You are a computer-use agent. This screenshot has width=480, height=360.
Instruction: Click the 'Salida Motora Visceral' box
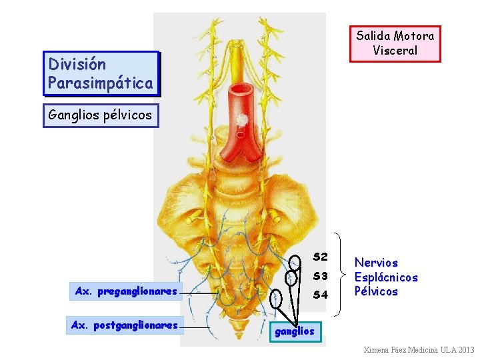pos(395,43)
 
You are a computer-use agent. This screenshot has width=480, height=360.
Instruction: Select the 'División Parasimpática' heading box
pos(101,73)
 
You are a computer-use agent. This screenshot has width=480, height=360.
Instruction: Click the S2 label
pos(320,257)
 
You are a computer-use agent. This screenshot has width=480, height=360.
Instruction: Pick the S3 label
pos(320,275)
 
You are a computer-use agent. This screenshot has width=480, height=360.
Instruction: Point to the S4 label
pos(320,294)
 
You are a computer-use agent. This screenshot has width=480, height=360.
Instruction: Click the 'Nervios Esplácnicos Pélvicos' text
pos(385,277)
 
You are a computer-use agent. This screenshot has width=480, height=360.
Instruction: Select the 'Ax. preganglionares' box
pos(126,291)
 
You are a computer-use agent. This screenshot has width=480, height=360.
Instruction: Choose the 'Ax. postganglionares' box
pos(126,325)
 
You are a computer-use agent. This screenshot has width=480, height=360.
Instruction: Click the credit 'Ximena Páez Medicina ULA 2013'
pos(418,350)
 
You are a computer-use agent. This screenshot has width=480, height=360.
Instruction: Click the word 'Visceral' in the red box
pos(395,51)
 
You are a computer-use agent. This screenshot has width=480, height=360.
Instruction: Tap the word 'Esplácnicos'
pos(385,277)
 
